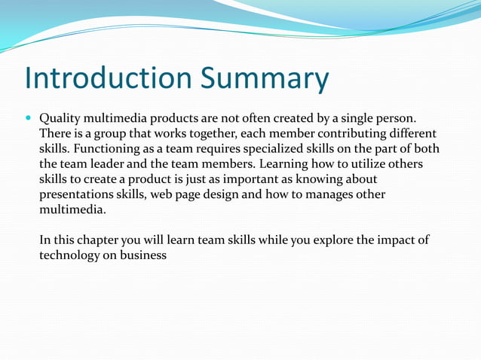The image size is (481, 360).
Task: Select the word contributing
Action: (345, 134)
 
